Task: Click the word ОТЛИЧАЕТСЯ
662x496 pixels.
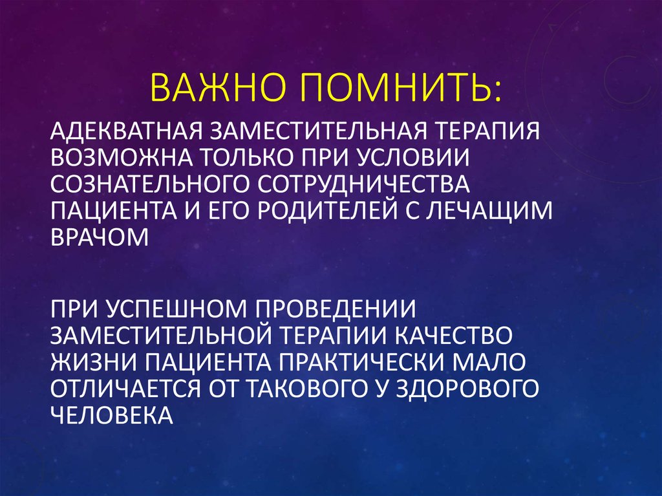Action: point(128,389)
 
